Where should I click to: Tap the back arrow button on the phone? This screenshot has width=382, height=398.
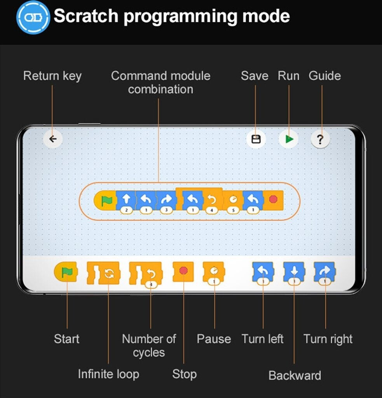pos(53,139)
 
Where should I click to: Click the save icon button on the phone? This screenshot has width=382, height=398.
pos(256,139)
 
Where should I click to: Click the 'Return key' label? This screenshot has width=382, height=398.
pos(52,76)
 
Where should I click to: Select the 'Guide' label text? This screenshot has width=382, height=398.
pos(324,76)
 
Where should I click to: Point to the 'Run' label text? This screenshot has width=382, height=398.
pos(288,76)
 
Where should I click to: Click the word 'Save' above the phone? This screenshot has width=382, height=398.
pos(255,76)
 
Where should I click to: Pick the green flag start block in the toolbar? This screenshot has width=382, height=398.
pos(66,272)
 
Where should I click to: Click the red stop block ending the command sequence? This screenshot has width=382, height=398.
pos(273,200)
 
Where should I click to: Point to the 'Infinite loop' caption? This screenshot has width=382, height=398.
pos(108,374)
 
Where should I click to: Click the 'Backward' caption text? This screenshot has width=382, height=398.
pos(295,375)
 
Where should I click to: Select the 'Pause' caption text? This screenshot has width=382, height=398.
pos(214,339)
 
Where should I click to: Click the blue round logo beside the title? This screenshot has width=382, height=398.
pos(33,17)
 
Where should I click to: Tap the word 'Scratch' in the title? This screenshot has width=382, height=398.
pos(86,16)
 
